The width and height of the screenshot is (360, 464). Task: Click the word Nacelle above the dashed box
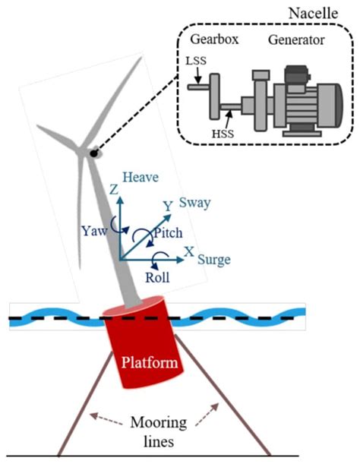(324, 12)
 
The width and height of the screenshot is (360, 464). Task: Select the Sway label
(194, 204)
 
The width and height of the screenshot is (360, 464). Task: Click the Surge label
(213, 260)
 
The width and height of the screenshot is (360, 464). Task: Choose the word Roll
(159, 277)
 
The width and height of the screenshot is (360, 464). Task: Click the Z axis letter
(115, 190)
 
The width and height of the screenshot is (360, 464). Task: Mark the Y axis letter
(169, 206)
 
